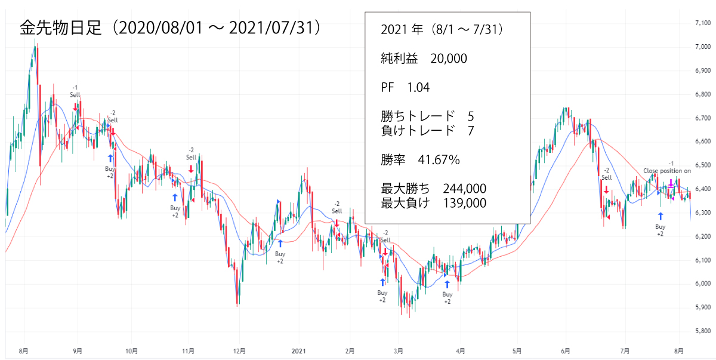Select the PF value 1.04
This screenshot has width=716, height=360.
point(418,87)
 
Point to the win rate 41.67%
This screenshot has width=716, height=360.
point(438,160)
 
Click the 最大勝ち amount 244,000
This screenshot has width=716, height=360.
point(464,189)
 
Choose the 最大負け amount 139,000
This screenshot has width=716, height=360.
point(464,203)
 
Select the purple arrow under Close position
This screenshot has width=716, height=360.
point(671,182)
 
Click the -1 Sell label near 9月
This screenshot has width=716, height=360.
point(75,91)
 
